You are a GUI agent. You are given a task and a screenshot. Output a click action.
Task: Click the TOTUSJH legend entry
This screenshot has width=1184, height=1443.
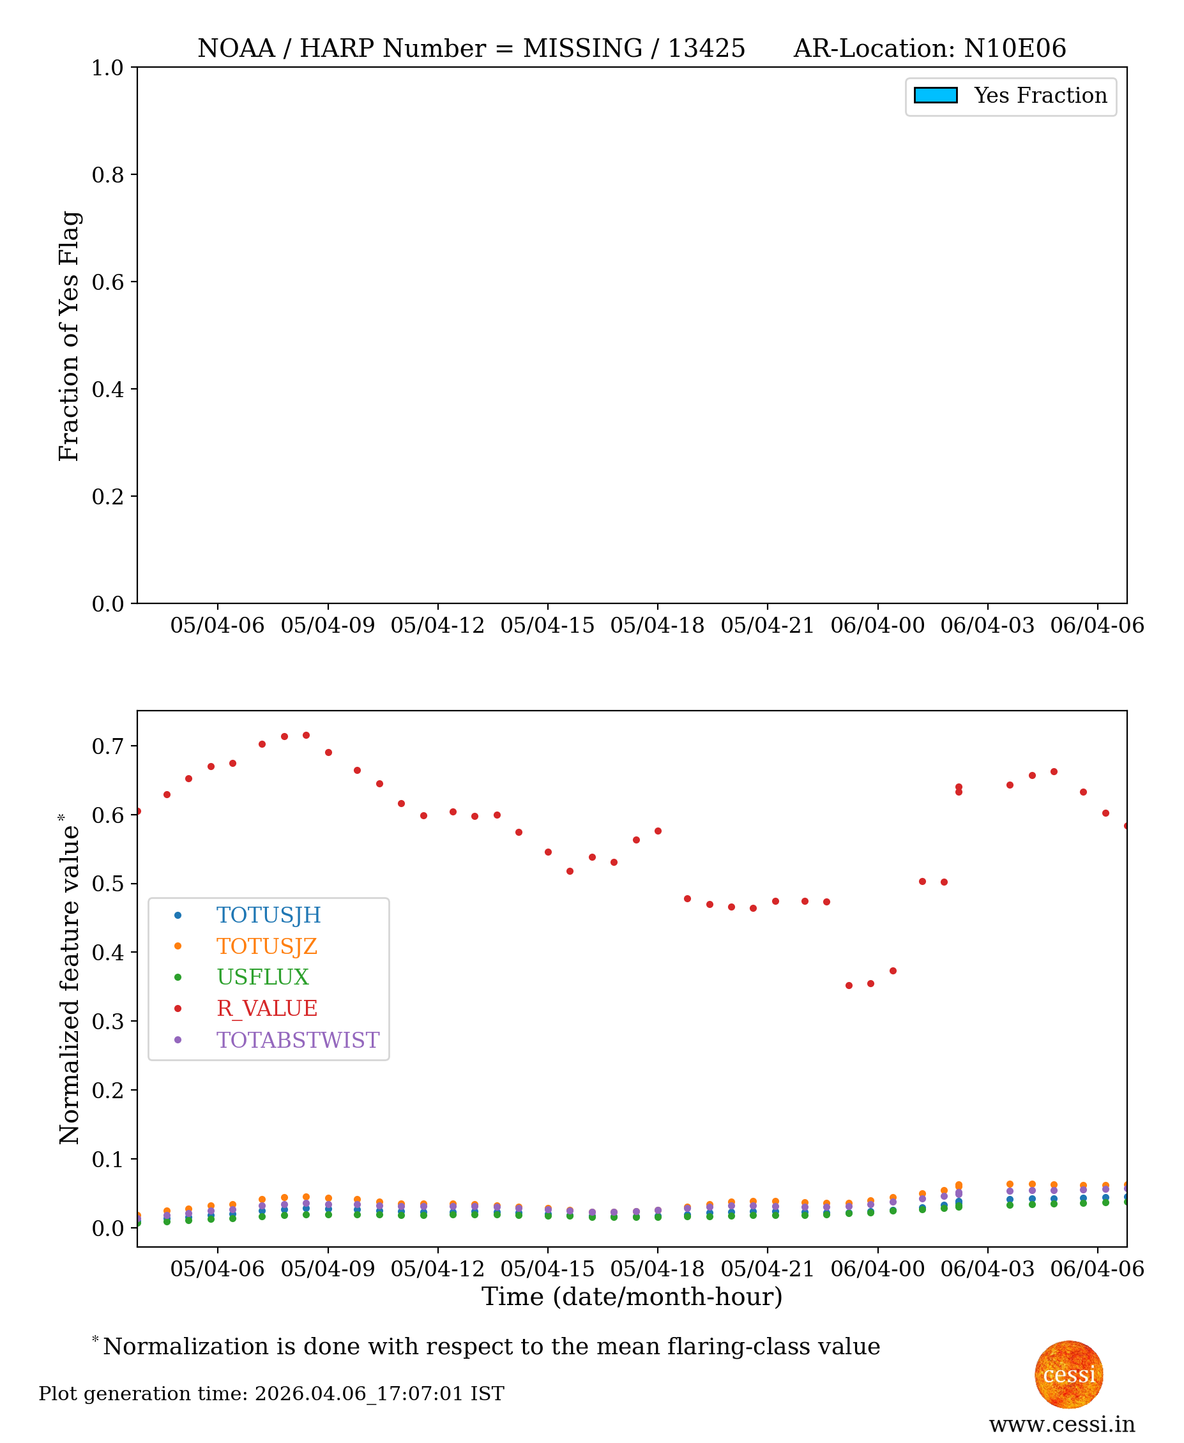pos(268,915)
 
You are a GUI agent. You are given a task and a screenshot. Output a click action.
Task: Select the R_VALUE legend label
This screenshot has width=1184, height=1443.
pos(267,1009)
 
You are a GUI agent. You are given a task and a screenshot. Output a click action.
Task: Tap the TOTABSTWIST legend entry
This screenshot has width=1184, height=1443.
pos(298,1040)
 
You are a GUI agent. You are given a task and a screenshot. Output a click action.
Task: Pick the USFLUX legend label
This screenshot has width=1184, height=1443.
pos(262,978)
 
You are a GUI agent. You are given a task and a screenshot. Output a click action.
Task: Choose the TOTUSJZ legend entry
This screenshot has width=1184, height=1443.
pos(267,946)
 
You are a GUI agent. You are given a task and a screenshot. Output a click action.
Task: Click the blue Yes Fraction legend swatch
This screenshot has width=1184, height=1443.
pos(935,96)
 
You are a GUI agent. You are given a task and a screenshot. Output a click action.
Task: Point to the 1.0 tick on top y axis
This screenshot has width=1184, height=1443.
pos(108,68)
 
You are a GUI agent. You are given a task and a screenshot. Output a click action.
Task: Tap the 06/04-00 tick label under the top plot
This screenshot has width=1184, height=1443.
pos(877,625)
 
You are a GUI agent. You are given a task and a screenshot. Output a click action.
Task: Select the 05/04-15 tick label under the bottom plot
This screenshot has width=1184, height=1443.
pos(548,1269)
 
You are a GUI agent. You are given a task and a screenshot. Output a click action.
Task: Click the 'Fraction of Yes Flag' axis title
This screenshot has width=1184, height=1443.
pos(69,336)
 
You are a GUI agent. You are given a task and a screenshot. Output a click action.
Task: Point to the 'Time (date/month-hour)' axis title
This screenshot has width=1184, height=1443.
pos(632,1296)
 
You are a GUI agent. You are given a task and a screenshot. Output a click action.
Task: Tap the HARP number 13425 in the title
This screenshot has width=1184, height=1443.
pos(706,49)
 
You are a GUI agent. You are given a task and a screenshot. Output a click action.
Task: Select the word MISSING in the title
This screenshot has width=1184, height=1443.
pos(582,49)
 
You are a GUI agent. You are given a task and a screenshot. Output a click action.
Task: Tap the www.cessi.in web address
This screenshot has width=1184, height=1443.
pos(1062,1424)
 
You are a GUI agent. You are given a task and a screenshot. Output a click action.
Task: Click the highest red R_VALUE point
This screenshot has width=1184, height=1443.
pos(307,736)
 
